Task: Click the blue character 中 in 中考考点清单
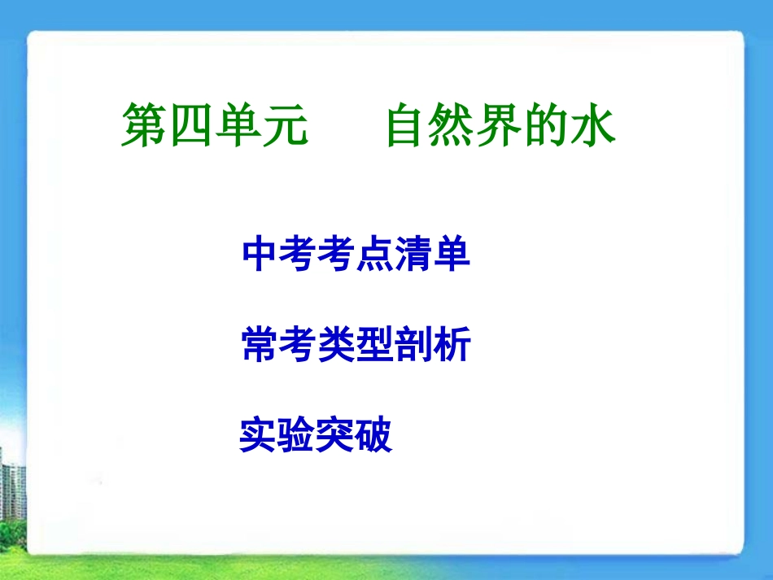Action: click(x=261, y=255)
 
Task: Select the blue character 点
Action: click(x=375, y=255)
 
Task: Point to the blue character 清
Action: click(x=413, y=255)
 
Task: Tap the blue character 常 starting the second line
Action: click(x=261, y=345)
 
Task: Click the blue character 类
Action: click(x=337, y=345)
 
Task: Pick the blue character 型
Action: click(x=375, y=345)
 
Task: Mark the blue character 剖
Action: click(x=413, y=345)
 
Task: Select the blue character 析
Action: click(x=452, y=345)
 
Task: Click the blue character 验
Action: click(x=296, y=435)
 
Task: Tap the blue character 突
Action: click(x=334, y=435)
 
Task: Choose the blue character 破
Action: click(x=373, y=435)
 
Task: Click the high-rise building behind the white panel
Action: click(x=11, y=488)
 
